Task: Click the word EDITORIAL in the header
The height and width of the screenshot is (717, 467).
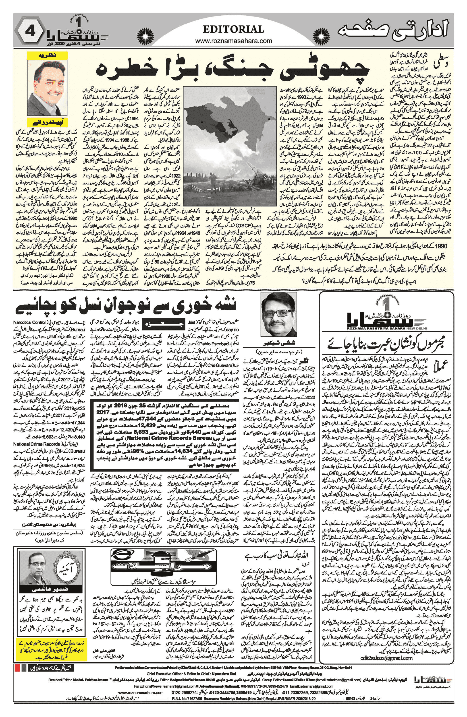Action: point(234,29)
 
